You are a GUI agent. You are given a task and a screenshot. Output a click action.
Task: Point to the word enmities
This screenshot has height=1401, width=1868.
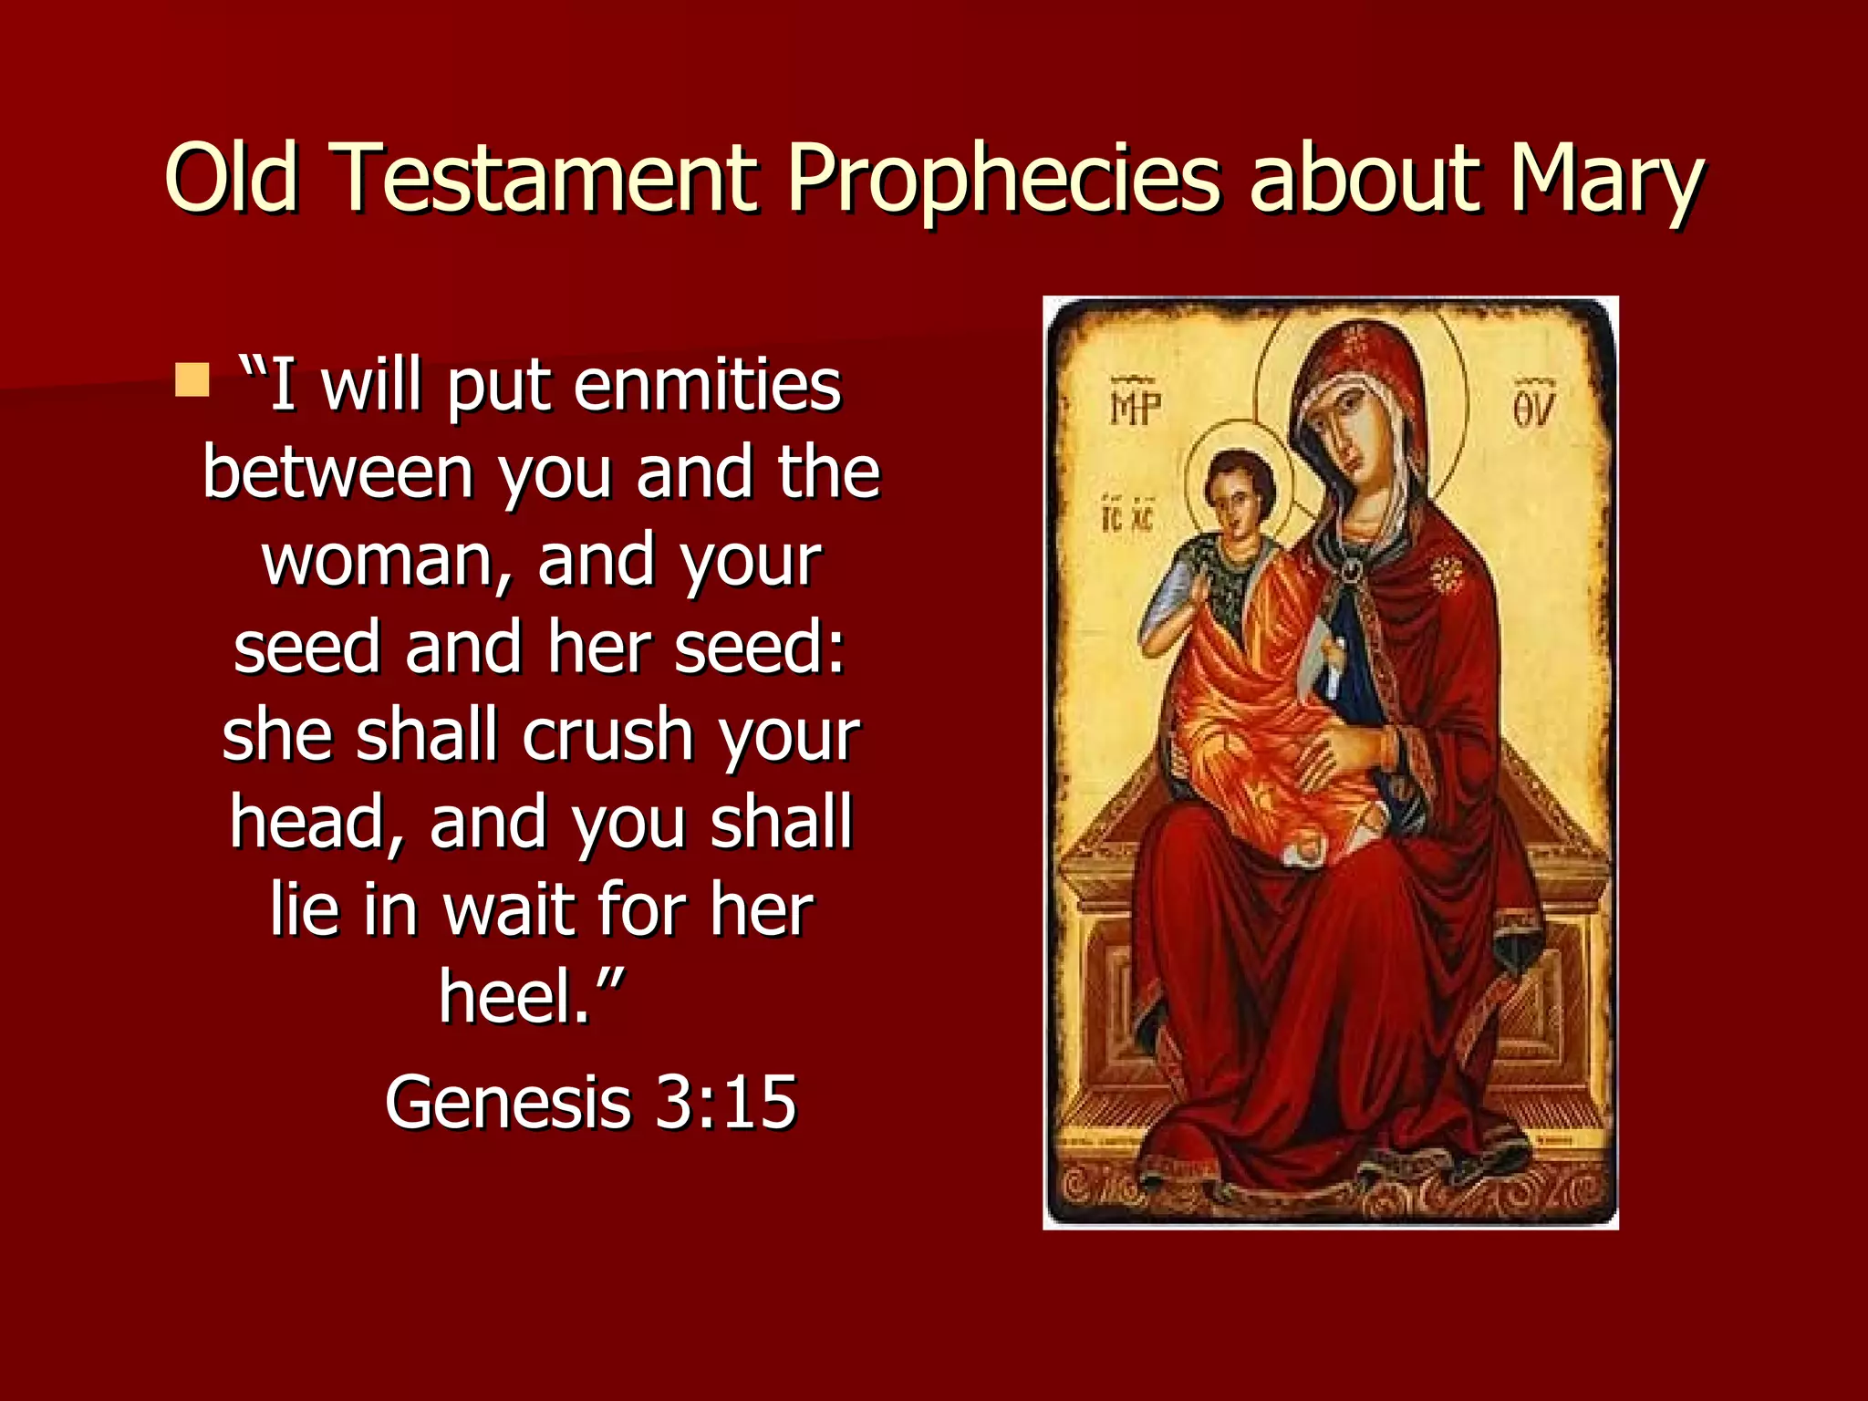(707, 387)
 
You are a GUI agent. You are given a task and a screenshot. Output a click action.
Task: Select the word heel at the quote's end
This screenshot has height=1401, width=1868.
(516, 997)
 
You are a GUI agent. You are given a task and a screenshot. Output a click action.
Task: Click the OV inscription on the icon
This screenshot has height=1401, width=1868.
(1533, 407)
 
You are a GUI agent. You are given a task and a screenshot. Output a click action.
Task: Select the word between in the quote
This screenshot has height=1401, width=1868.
(337, 473)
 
